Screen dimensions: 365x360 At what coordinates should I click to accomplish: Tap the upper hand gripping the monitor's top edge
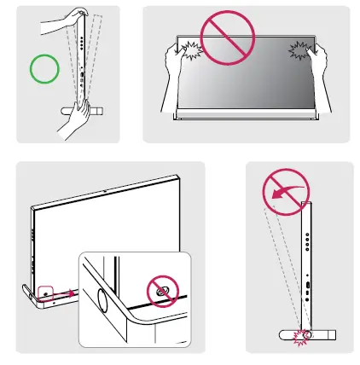tap(72, 18)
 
